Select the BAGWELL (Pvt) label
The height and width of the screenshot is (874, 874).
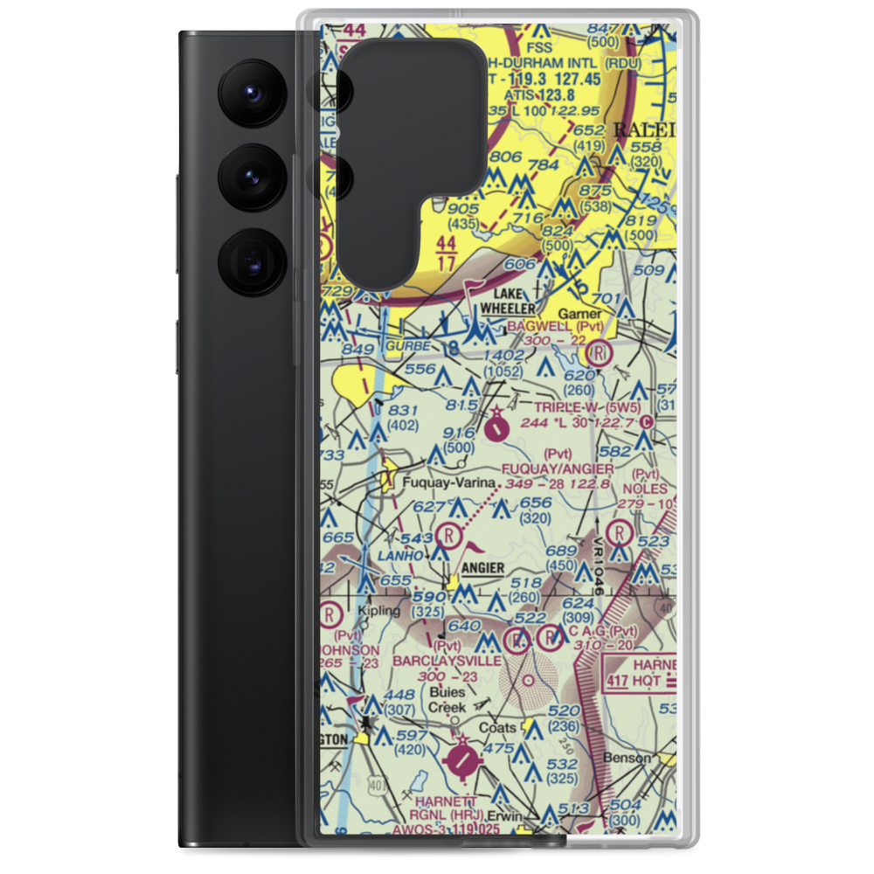[561, 325]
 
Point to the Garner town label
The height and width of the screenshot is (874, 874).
[580, 313]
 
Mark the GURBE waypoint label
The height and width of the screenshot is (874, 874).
[407, 347]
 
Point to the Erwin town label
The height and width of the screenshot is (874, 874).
[504, 815]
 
